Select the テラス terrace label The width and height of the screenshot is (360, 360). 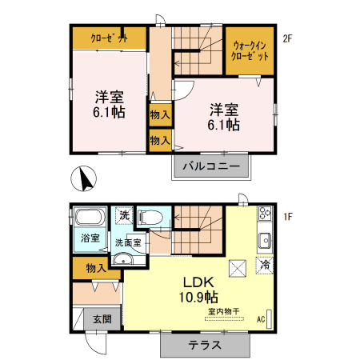click(x=205, y=346)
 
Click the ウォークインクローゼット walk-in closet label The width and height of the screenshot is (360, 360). click(x=250, y=51)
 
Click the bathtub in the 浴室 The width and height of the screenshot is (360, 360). click(x=89, y=218)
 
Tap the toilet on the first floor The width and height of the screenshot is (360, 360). click(x=150, y=217)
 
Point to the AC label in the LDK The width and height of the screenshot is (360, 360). click(x=261, y=320)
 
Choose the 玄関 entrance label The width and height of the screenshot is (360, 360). click(x=102, y=318)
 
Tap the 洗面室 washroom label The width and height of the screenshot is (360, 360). click(x=127, y=242)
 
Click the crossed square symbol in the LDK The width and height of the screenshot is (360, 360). click(x=238, y=268)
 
